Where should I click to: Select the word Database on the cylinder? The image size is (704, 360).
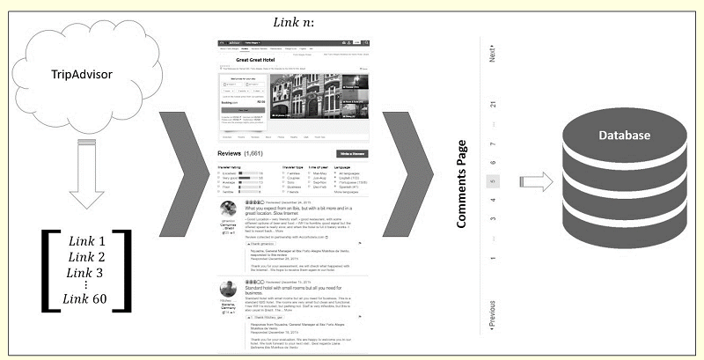click(x=626, y=136)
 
